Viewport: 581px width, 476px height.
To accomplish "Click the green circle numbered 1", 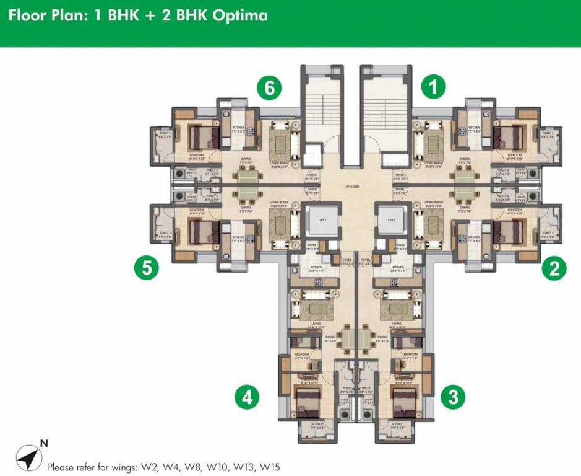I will click(434, 87).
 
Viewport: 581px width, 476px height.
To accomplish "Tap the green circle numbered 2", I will click(554, 268).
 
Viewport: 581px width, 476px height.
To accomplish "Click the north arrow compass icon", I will click(26, 457).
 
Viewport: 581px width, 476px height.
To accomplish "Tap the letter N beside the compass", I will click(44, 443).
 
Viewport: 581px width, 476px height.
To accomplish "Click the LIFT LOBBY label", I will click(353, 186).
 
